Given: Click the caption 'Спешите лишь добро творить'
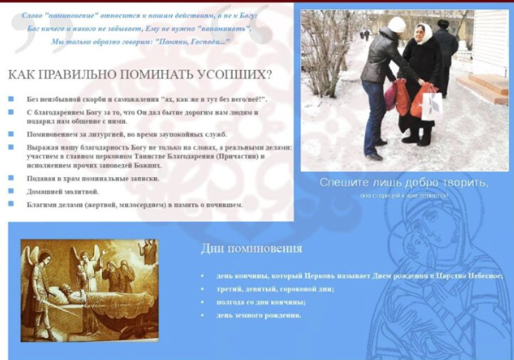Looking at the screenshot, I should [404, 182].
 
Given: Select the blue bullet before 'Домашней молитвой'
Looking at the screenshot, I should [11, 191].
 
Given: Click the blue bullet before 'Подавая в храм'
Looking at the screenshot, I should [11, 177].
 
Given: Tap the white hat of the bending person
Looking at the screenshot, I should [397, 25].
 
